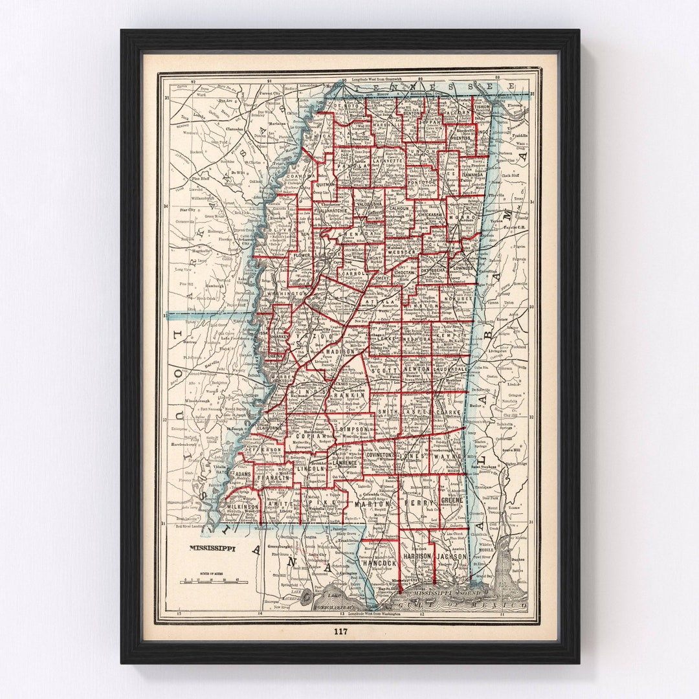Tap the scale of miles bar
tap(214, 582)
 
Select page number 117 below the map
tap(341, 631)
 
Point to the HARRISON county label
tap(417, 556)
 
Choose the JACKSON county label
tap(451, 556)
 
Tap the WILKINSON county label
tap(242, 507)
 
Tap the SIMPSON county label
tap(355, 429)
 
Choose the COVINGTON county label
tap(380, 455)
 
